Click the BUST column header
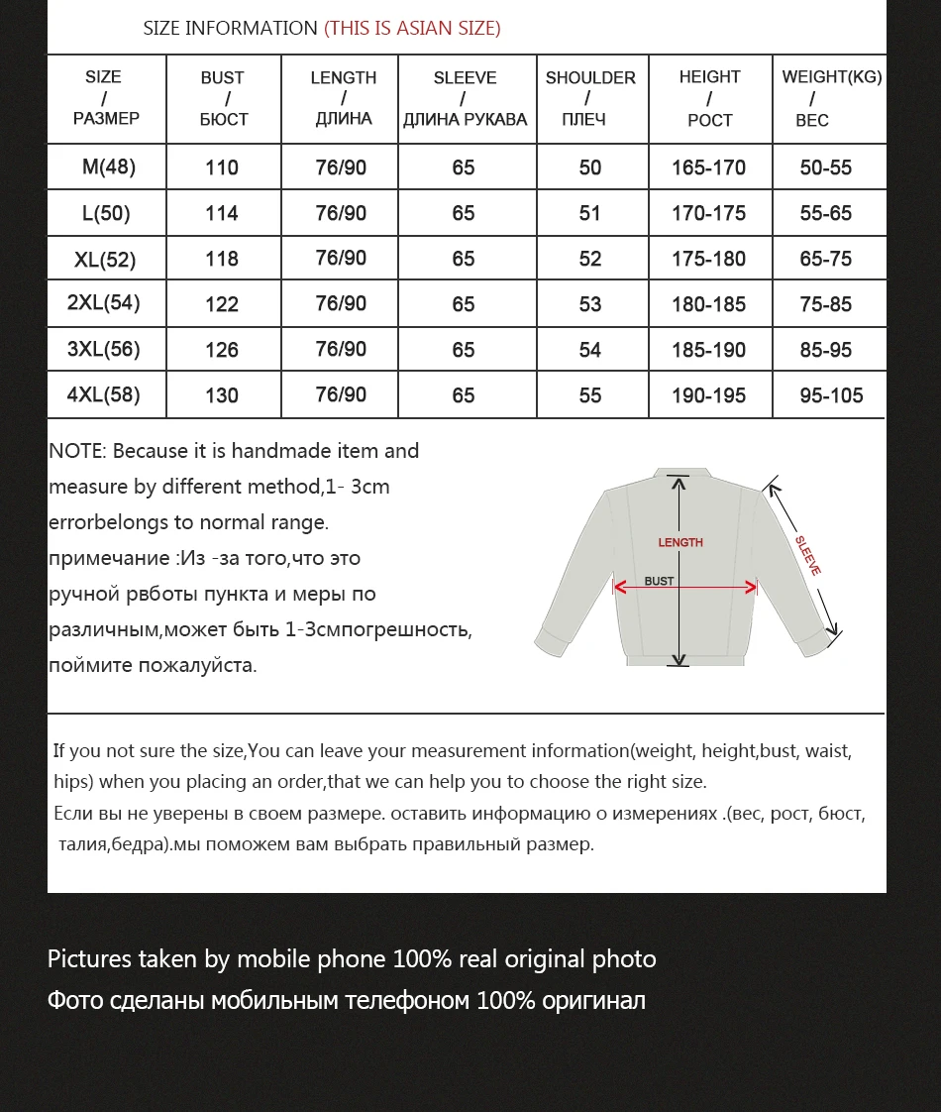(x=223, y=98)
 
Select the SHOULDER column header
(x=590, y=98)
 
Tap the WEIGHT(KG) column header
(x=830, y=98)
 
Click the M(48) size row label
(x=108, y=167)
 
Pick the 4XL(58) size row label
(x=103, y=394)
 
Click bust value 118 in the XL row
(x=222, y=259)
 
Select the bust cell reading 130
(x=222, y=395)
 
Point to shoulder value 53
(x=590, y=304)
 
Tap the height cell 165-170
(x=708, y=167)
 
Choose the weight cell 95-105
(x=831, y=395)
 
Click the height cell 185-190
(x=708, y=350)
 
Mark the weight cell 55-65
(x=825, y=213)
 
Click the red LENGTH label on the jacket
(x=680, y=542)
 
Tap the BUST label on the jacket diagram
(x=659, y=581)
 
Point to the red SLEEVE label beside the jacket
(x=808, y=556)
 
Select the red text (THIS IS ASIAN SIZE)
(x=412, y=28)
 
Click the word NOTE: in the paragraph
(x=77, y=451)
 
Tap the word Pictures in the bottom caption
(x=89, y=959)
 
